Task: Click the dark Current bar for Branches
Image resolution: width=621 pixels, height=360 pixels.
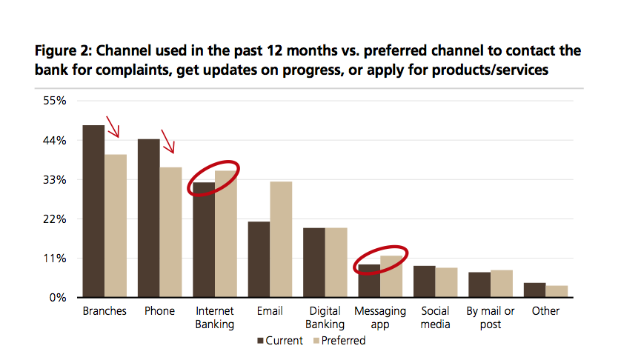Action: click(93, 211)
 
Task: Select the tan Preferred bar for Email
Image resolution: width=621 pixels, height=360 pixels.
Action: click(281, 239)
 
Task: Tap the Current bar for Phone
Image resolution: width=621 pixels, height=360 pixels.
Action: click(148, 218)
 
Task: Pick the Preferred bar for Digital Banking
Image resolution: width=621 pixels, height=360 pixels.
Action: click(336, 262)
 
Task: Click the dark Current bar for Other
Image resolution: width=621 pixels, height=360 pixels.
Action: click(534, 290)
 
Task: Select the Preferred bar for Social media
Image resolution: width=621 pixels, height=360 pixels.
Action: click(446, 282)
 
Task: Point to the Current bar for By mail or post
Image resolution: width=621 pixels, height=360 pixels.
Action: click(479, 284)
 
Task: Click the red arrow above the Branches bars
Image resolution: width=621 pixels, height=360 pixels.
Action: click(113, 127)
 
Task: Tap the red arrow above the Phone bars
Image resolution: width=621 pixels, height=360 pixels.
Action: click(168, 141)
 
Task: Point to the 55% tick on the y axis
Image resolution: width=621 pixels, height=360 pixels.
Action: click(55, 101)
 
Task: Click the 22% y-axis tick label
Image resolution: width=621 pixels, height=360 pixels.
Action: click(55, 219)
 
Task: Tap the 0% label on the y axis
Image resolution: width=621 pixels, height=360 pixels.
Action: click(58, 298)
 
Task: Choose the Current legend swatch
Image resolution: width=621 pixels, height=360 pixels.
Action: click(260, 341)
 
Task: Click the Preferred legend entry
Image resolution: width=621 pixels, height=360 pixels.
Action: click(339, 341)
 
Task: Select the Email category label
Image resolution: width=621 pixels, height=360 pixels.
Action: click(270, 311)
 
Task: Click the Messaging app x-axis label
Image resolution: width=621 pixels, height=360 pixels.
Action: click(380, 318)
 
